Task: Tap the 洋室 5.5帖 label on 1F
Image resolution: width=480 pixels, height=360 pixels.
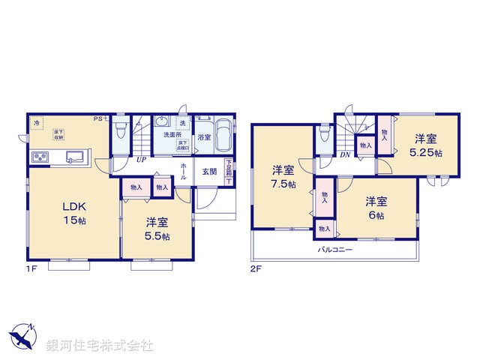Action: [x=157, y=228]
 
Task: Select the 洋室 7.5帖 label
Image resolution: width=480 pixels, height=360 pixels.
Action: [x=283, y=176]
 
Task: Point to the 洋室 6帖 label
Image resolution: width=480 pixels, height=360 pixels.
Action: [x=376, y=208]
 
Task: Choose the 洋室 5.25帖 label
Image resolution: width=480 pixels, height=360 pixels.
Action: [x=425, y=145]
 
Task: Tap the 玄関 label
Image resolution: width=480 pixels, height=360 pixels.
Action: [x=209, y=171]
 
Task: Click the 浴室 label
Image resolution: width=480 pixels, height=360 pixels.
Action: [x=203, y=138]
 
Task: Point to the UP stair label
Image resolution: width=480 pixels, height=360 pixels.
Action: [x=140, y=160]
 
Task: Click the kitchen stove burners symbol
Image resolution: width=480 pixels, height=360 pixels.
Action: [x=40, y=157]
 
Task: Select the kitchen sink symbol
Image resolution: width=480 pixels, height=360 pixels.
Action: [x=75, y=157]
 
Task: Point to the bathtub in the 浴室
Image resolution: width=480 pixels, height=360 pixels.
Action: [x=223, y=136]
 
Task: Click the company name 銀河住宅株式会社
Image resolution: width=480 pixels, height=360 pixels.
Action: [x=99, y=346]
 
